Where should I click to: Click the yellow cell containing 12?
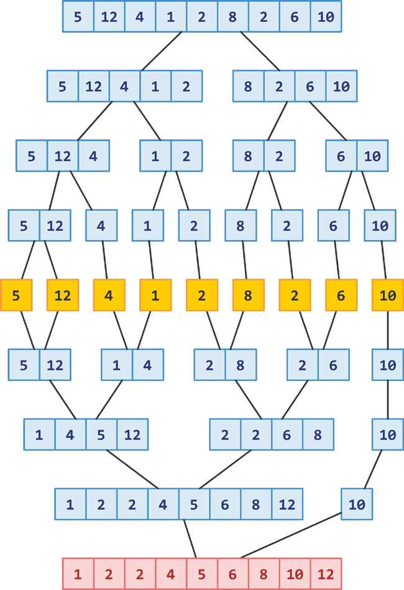(62, 296)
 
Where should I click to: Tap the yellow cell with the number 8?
(248, 296)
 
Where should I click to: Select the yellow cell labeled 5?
(16, 296)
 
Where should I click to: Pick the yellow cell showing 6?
(341, 296)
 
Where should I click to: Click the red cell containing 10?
(295, 574)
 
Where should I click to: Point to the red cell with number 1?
(78, 574)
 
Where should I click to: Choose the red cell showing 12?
(326, 574)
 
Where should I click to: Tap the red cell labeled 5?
(202, 574)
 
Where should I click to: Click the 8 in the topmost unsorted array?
(232, 17)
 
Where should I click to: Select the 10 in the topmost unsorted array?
(326, 17)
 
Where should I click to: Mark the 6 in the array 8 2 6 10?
(310, 86)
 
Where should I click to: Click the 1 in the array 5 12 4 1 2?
(155, 86)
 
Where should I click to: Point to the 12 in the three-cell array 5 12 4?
(62, 156)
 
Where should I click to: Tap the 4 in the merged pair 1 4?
(148, 365)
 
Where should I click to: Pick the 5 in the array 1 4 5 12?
(101, 435)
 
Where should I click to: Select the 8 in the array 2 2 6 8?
(318, 435)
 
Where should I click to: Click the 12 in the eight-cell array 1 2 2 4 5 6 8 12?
(287, 504)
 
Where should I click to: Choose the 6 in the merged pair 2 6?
(333, 365)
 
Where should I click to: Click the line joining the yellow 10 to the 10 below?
(387, 330)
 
